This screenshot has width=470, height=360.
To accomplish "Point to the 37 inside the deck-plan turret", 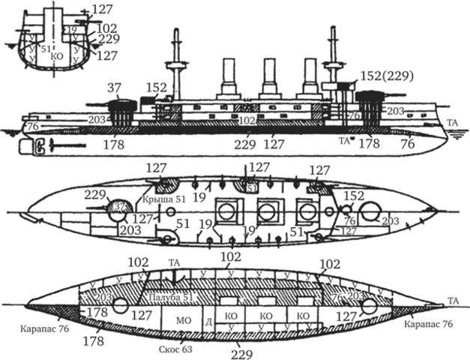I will [120, 205].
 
